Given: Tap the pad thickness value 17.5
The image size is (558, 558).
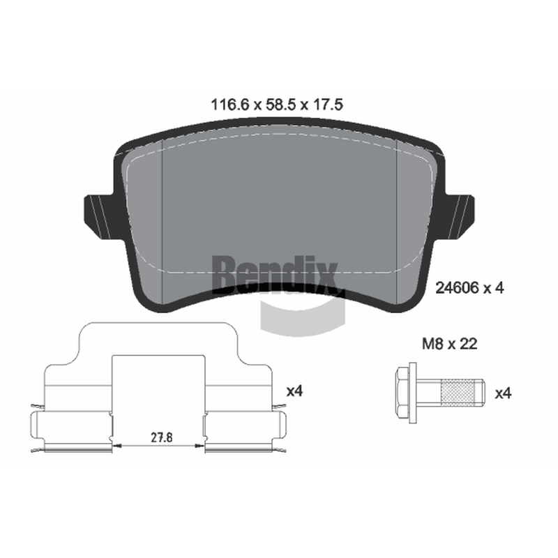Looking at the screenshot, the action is tap(327, 105).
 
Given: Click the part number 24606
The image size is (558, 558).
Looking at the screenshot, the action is tap(458, 288).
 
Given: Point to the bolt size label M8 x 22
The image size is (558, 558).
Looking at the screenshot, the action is tap(449, 344).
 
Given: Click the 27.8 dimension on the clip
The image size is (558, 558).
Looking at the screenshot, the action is tap(162, 437).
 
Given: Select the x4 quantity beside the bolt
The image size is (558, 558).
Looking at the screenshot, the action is tap(503, 393).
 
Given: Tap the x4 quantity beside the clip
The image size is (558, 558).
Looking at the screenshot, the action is tap(294, 391).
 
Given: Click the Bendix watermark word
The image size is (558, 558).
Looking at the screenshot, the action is tap(275, 274).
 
